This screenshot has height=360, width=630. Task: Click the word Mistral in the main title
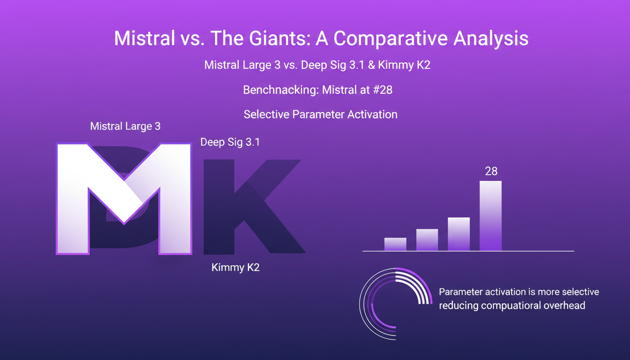point(142,38)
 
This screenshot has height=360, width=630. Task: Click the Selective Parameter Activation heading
point(320,114)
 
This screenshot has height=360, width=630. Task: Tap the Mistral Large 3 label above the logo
point(125,126)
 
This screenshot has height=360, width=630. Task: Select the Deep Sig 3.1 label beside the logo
point(230,142)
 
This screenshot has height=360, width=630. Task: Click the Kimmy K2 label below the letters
point(235,268)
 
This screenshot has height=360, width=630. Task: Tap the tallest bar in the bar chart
point(490,216)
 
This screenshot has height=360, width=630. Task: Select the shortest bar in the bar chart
point(395,244)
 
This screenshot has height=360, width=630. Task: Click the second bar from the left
point(427,240)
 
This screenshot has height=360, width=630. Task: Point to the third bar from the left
point(459,234)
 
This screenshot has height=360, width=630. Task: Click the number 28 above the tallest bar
point(491,172)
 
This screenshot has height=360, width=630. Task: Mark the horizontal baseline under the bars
point(468,251)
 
